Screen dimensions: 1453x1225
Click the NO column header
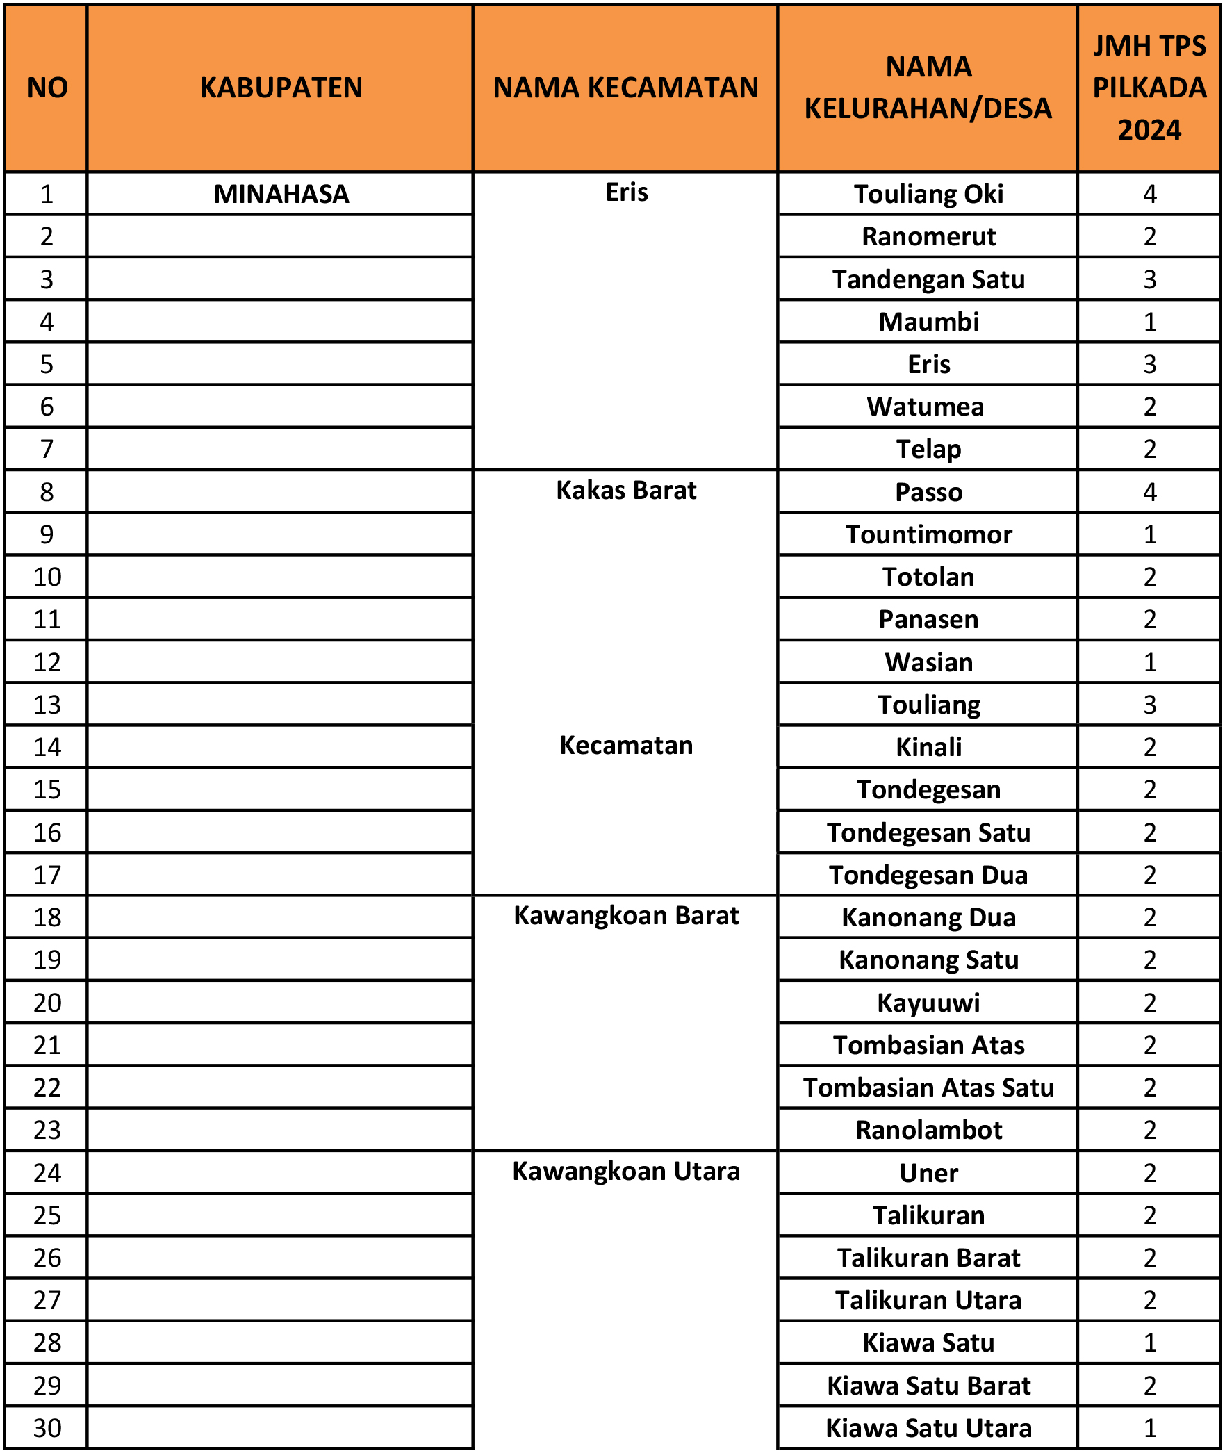tap(47, 88)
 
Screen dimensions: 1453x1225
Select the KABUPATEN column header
tap(281, 88)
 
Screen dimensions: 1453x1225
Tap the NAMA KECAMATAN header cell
tap(625, 88)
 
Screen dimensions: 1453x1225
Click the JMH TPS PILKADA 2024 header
tap(1149, 88)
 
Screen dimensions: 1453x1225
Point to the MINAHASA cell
tap(281, 194)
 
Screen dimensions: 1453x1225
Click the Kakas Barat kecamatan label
tap(626, 491)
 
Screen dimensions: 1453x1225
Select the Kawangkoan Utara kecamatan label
tap(626, 1172)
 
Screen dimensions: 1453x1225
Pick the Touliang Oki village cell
tap(928, 194)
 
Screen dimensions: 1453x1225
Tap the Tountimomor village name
tap(928, 534)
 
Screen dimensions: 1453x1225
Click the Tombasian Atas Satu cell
tap(928, 1087)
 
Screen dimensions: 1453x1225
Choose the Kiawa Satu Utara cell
tap(928, 1428)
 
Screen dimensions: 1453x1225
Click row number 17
tap(47, 875)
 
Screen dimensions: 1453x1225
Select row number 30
tap(47, 1428)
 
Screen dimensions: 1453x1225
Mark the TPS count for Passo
tap(1149, 492)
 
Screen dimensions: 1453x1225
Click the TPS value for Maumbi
tap(1149, 322)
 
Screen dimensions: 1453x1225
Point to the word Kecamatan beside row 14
tap(626, 746)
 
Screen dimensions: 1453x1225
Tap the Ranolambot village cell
tap(928, 1130)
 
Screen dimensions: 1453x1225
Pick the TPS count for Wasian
tap(1149, 662)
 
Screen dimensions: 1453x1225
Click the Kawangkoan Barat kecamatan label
tap(626, 916)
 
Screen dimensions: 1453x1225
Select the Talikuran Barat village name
tap(928, 1258)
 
